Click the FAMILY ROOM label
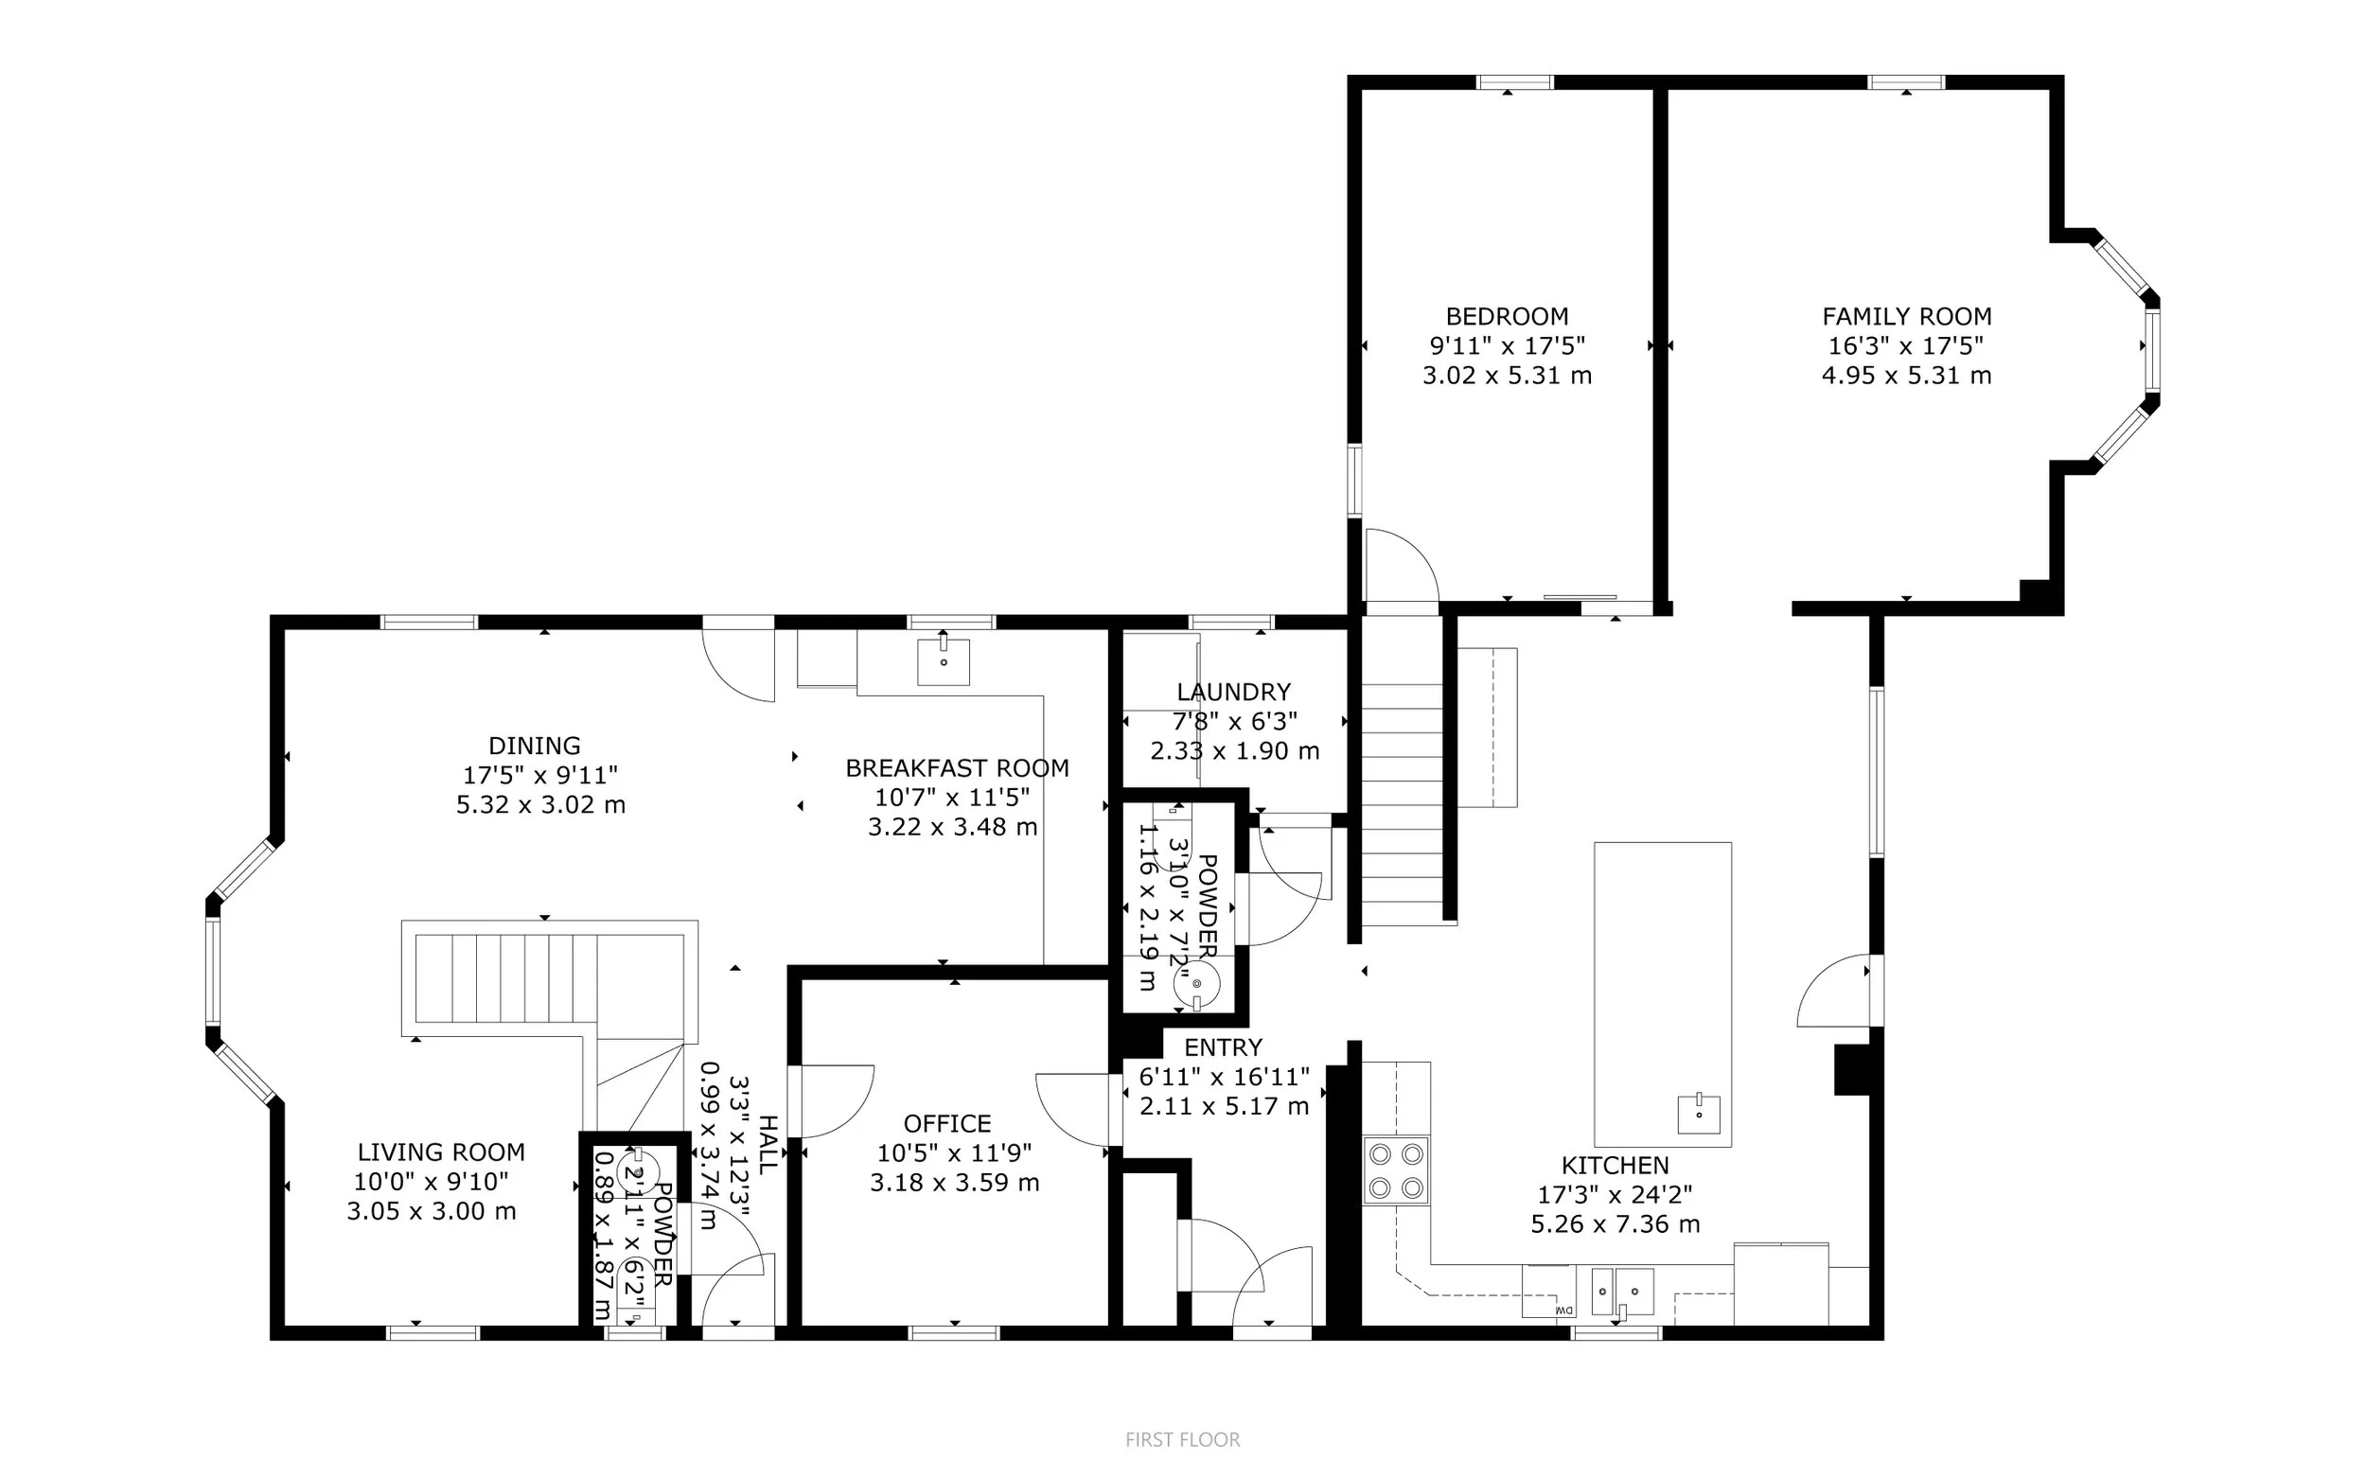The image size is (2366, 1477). (x=1906, y=316)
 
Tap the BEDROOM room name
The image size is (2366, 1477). (x=1507, y=316)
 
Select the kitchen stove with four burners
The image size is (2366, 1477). (x=1396, y=1170)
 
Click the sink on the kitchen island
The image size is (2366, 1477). (x=1699, y=1114)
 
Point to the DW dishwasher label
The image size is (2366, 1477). (x=1563, y=1310)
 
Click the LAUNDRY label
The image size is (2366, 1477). (x=1234, y=692)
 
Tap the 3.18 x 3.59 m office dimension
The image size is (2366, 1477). (x=954, y=1182)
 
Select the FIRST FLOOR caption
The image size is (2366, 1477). (x=1182, y=1439)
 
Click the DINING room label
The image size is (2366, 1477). (x=535, y=746)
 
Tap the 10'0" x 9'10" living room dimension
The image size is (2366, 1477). (x=431, y=1181)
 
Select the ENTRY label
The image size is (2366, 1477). (x=1223, y=1047)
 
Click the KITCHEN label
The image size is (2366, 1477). (x=1615, y=1165)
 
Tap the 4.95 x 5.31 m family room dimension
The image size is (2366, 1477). (x=1906, y=375)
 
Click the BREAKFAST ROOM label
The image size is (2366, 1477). (x=957, y=767)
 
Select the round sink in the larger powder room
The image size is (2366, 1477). (x=1196, y=983)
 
